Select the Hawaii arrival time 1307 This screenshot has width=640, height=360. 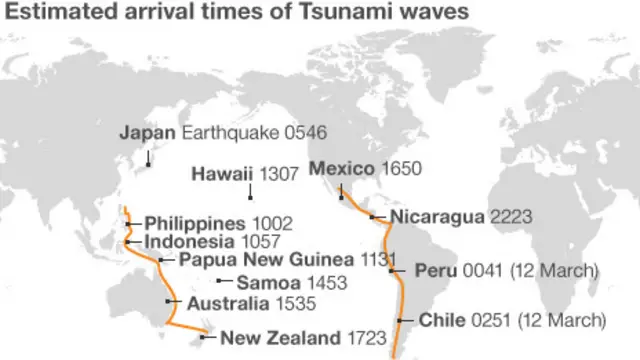[279, 173]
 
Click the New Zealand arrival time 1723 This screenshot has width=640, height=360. [366, 337]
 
